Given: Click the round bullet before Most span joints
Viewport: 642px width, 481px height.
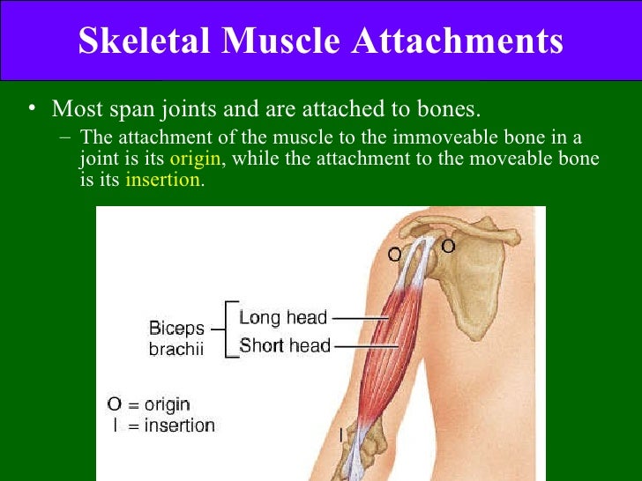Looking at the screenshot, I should pos(33,109).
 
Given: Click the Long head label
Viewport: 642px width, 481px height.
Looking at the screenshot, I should pos(283,318).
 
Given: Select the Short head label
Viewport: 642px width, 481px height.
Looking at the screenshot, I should pos(284,345).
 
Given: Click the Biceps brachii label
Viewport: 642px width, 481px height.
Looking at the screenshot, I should pos(176,338).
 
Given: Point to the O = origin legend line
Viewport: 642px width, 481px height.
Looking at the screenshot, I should pos(148,404).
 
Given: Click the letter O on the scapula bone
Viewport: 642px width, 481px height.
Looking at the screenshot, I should pos(448,247).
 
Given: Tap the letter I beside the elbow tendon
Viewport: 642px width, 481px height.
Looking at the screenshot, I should pos(341,433).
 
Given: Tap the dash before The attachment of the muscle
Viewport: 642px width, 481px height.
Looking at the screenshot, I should pos(68,139).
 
